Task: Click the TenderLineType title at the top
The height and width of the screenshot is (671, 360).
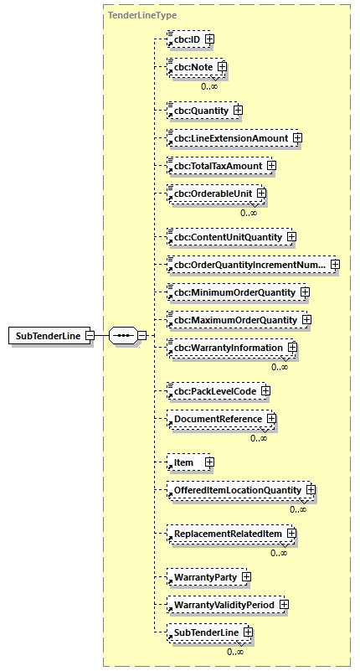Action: pos(141,15)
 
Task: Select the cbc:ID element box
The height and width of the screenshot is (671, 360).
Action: pos(185,39)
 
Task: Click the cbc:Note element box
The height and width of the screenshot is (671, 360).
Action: pos(192,66)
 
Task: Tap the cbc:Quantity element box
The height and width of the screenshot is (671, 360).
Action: pos(198,110)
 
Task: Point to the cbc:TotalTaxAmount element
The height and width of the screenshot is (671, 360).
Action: pos(216,165)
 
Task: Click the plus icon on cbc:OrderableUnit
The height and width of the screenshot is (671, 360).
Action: pos(262,194)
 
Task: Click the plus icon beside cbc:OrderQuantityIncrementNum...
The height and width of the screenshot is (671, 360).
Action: pos(335,265)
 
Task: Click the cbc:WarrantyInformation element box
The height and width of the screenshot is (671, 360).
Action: pos(227,348)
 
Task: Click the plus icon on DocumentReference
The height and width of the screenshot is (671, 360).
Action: pos(271,419)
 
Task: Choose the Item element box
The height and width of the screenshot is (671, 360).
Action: pos(184,462)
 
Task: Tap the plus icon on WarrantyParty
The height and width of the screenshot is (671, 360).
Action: pos(246,576)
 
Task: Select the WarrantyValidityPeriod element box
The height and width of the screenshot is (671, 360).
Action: pos(222,604)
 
